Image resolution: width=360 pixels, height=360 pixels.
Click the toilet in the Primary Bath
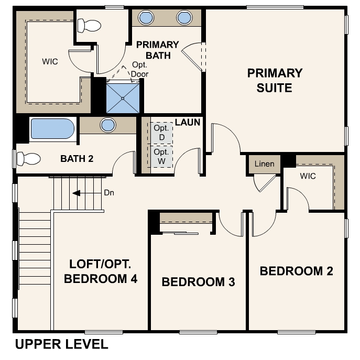tap(89, 25)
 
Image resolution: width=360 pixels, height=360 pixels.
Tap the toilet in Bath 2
tap(29, 158)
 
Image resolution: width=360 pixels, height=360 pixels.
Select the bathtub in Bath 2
tap(52, 128)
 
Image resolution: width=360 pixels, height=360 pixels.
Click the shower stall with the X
tap(123, 99)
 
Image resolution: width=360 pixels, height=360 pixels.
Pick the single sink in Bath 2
tap(108, 125)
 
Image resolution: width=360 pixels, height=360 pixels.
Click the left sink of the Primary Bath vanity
tap(146, 18)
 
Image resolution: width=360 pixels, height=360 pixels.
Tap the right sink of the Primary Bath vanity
tap(184, 18)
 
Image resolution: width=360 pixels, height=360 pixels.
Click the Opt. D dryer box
tap(161, 133)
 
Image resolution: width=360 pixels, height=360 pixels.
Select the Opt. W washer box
tap(161, 156)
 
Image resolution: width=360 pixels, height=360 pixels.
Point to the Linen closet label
tap(264, 164)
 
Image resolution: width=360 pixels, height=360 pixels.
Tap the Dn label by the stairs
tap(109, 193)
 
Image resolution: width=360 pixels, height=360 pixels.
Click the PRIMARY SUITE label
tap(275, 80)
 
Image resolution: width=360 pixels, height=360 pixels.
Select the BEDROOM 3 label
tap(199, 282)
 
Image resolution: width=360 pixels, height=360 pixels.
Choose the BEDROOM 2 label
tap(297, 271)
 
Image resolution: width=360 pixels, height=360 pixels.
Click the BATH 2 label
tap(77, 159)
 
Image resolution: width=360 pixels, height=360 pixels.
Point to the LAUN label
tap(188, 123)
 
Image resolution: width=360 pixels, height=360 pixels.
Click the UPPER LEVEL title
tap(61, 344)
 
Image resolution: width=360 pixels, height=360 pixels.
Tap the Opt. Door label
tap(139, 70)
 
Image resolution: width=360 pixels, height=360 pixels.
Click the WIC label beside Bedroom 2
tap(308, 176)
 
